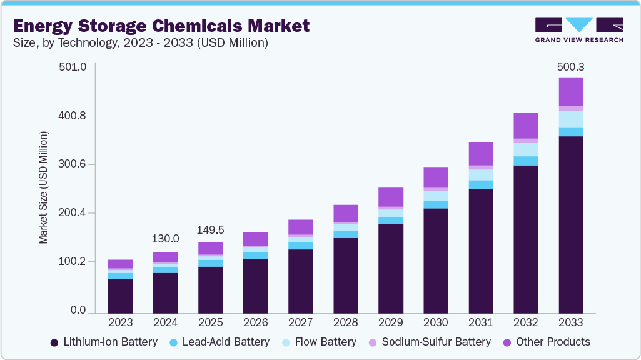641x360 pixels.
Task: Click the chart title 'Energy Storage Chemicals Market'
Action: (x=161, y=26)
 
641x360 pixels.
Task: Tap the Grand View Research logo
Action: (x=579, y=29)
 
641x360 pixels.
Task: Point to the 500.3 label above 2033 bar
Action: (x=570, y=67)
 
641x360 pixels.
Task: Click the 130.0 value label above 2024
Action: (x=165, y=239)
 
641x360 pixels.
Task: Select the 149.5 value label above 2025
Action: (x=210, y=229)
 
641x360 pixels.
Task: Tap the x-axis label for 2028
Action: (x=345, y=323)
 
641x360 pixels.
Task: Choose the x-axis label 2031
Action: (x=480, y=323)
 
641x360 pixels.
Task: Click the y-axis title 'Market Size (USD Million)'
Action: (x=43, y=187)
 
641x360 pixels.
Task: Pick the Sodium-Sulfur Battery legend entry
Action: (x=428, y=342)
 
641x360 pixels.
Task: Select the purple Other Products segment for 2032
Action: (x=525, y=126)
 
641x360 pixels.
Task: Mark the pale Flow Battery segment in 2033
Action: (x=570, y=119)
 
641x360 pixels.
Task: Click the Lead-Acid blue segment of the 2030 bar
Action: (x=435, y=204)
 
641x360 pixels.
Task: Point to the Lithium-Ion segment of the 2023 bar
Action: (x=120, y=296)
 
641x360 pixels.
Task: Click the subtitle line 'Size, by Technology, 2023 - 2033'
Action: (x=141, y=43)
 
